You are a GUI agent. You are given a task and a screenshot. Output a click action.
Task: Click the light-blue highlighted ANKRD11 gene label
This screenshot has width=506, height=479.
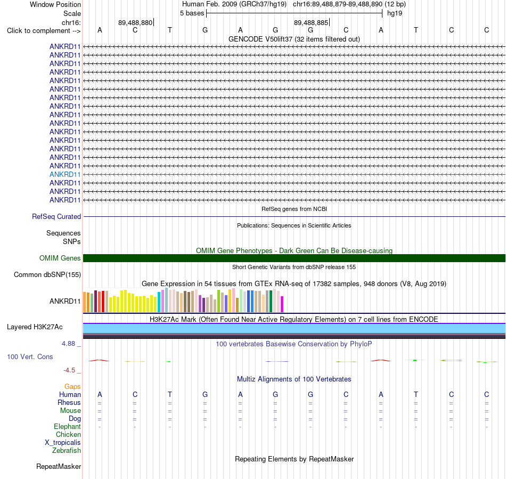pos(65,175)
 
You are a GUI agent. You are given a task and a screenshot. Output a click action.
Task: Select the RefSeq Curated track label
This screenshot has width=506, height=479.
pos(56,216)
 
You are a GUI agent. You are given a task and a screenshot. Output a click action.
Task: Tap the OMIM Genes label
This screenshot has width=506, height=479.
pos(60,258)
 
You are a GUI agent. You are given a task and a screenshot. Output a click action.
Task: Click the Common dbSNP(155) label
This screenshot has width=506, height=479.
pos(47,275)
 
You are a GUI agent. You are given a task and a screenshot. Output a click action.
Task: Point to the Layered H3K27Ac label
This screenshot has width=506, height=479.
pos(35,327)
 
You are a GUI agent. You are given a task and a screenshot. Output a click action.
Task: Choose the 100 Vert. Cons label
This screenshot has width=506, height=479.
pos(30,356)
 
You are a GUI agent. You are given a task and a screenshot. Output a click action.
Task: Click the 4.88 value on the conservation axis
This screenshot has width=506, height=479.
pos(68,344)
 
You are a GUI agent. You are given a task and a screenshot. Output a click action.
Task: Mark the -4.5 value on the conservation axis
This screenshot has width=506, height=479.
pos(69,370)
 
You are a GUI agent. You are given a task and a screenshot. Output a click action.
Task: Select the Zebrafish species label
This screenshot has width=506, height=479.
pos(67,451)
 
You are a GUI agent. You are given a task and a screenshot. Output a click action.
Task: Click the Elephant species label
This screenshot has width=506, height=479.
pos(68,427)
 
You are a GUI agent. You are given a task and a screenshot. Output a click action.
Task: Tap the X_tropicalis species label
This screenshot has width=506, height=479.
pos(63,443)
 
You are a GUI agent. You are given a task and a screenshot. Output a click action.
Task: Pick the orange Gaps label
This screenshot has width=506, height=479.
pos(72,387)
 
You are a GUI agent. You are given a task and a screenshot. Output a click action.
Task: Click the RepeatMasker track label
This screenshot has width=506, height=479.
pos(59,467)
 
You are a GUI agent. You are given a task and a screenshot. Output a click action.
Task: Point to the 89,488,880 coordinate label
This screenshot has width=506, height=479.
pos(135,22)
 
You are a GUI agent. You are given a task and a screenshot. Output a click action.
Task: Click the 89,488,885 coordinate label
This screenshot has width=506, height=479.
pos(311,22)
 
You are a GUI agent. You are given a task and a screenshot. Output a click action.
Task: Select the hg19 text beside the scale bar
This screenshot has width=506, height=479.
pos(395,13)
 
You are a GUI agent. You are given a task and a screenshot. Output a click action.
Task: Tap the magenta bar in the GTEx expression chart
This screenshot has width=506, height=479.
pos(282,304)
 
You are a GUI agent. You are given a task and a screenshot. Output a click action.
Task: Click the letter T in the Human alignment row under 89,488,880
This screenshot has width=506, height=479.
pos(170,394)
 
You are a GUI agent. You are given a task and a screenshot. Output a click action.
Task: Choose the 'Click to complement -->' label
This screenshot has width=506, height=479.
pos(44,31)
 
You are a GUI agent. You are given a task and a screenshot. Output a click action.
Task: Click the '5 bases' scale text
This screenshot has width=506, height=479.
pos(192,13)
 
